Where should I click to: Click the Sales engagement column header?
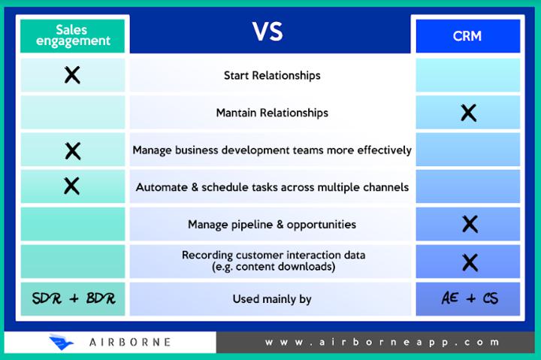(72, 35)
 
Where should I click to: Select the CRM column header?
(468, 36)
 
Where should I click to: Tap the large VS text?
(267, 32)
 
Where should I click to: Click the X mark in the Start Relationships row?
(72, 75)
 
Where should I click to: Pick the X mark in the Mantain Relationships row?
(469, 113)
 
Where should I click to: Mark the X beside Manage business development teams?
(73, 151)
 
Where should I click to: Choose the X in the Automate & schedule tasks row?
(72, 186)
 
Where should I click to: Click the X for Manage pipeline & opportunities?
(470, 224)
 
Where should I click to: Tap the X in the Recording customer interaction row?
(470, 262)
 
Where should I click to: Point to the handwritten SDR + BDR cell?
(74, 298)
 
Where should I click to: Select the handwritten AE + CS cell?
(470, 298)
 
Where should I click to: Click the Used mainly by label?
(272, 299)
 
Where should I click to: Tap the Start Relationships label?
(272, 75)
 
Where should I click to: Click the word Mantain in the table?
(237, 113)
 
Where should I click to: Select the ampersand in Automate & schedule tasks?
(195, 187)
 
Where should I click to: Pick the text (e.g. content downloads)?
(274, 267)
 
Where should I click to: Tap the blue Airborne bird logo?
(61, 342)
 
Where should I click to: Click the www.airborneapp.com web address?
(382, 343)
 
